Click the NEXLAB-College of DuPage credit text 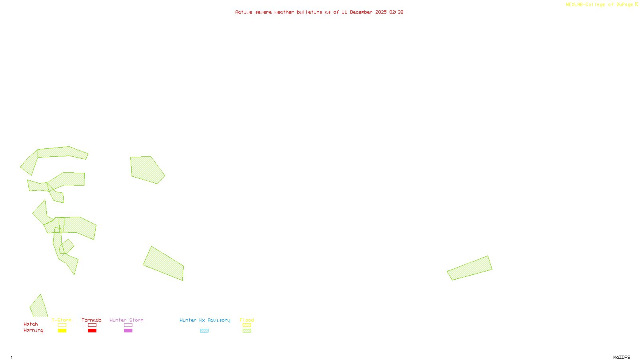coord(602,5)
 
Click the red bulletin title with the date coord(319,12)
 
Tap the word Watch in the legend coord(31,324)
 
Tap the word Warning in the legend coord(33,330)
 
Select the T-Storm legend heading coord(62,320)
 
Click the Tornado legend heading coord(92,320)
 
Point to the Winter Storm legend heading coord(126,320)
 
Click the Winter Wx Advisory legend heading coord(205,320)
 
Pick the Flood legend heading coord(247,320)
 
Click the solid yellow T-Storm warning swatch coord(62,331)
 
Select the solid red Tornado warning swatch coord(92,331)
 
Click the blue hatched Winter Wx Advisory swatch coord(204,331)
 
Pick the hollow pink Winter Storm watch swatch coord(128,325)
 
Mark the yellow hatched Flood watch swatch coord(247,325)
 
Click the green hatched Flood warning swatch coord(247,331)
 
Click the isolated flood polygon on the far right coord(470,268)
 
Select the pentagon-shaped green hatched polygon coord(146,170)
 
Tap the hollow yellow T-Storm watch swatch coord(62,325)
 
